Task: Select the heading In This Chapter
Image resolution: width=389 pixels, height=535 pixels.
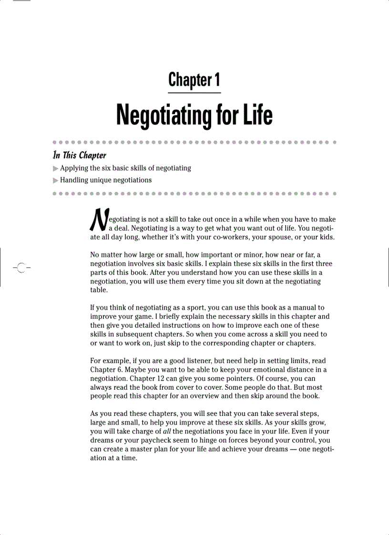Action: tap(79, 155)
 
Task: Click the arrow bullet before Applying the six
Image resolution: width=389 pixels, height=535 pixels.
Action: tap(56, 168)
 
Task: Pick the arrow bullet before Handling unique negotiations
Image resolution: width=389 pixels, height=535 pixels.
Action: tap(56, 180)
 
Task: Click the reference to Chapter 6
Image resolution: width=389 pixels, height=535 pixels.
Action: tap(105, 369)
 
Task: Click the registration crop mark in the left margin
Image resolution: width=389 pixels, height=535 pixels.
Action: tap(20, 268)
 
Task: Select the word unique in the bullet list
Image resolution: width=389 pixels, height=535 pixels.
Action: tap(102, 180)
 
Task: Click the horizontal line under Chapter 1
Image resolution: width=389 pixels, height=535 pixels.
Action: tap(194, 92)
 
